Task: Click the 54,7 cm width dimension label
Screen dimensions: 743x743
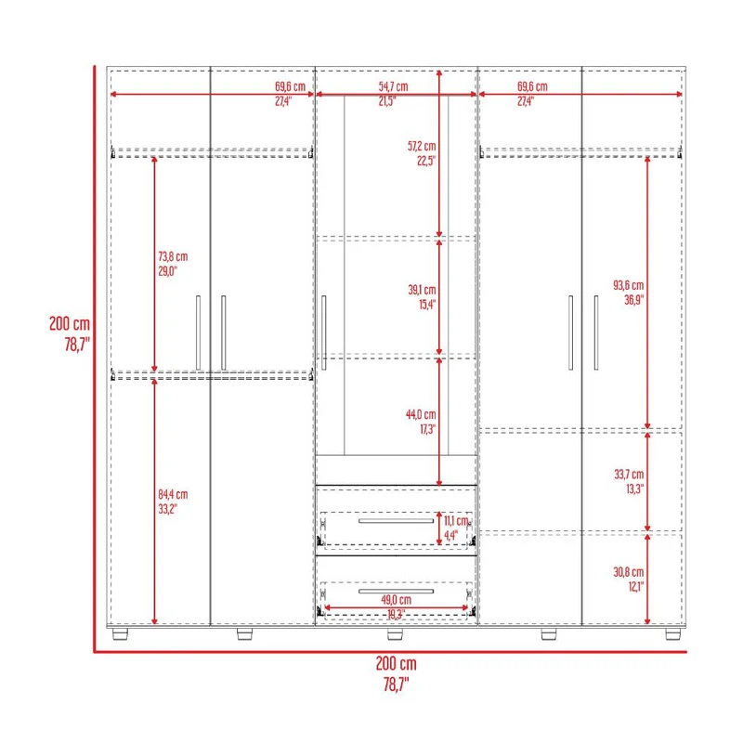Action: (393, 86)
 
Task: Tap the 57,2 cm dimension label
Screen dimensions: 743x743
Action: (422, 146)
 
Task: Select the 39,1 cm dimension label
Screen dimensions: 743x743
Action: (422, 290)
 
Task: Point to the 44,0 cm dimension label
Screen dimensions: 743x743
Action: (421, 414)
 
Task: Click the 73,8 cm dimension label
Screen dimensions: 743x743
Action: (173, 257)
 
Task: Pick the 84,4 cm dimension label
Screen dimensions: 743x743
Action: (173, 495)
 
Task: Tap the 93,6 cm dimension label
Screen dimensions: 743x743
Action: (629, 285)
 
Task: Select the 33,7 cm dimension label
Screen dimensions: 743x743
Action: (629, 475)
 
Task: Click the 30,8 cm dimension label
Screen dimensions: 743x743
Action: (629, 572)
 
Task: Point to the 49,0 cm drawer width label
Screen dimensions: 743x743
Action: (397, 600)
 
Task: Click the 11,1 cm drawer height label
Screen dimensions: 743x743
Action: (456, 521)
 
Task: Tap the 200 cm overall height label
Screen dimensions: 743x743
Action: (70, 323)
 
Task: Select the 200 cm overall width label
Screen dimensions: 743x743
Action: (397, 664)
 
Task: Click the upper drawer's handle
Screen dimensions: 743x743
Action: (397, 521)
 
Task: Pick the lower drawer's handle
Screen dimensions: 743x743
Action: (397, 591)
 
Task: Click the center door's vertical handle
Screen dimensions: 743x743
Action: (324, 332)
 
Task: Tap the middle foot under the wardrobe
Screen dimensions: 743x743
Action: (395, 634)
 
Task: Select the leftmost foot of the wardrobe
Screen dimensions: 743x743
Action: (121, 634)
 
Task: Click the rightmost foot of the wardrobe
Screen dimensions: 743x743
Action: (672, 634)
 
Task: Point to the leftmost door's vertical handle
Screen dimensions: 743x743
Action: (198, 332)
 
